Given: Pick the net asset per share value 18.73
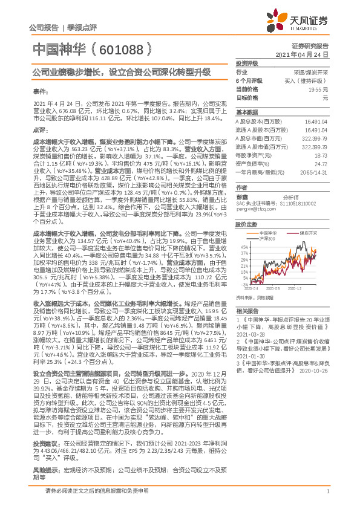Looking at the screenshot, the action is [321, 155].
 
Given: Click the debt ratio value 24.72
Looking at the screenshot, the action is [321, 164].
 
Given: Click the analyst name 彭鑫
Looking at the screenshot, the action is [241, 198].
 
